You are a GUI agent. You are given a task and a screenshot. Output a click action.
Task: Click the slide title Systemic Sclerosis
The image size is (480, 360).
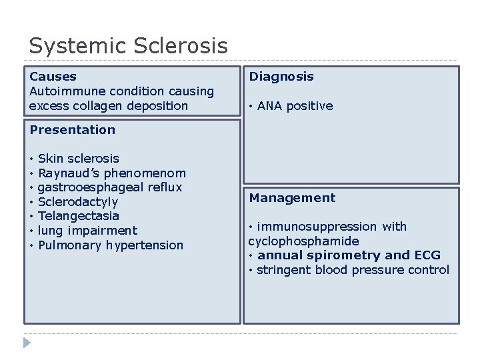128,46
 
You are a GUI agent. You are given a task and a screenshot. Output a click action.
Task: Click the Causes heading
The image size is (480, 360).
53,77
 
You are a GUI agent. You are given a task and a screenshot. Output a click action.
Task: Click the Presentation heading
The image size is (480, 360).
72,130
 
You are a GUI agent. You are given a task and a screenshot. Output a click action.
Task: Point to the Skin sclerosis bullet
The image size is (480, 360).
78,159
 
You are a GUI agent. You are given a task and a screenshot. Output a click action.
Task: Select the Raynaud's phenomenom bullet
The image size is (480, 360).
111,173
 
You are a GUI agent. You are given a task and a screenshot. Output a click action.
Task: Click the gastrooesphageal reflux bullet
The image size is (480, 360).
109,187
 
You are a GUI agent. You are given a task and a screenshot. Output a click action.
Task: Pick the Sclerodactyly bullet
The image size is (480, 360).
77,202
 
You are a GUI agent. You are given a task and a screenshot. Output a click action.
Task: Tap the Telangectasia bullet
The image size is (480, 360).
78,216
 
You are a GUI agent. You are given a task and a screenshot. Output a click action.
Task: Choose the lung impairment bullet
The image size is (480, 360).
87,231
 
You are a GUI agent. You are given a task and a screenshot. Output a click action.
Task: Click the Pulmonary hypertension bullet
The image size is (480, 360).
110,245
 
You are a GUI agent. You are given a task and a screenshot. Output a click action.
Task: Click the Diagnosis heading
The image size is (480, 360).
281,77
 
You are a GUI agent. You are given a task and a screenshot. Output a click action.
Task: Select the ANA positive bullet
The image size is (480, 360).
295,106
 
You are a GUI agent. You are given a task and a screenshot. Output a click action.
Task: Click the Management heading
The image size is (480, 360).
292,198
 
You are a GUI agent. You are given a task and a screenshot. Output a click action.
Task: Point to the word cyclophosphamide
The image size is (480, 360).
303,241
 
